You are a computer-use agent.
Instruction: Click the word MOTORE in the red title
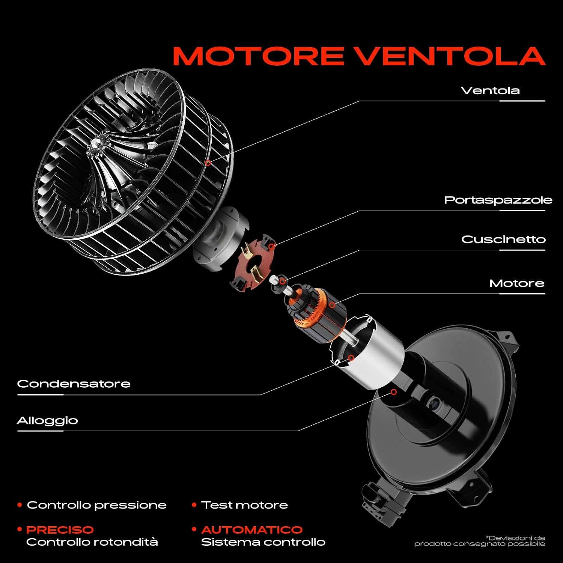258,56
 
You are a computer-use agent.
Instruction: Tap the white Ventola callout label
490,90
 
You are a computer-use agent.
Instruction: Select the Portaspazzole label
498,200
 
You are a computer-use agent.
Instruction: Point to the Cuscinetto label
503,239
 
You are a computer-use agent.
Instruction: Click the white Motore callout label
517,283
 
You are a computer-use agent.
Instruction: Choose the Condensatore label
74,384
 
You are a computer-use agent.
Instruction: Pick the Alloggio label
48,421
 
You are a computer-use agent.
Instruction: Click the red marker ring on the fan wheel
208,163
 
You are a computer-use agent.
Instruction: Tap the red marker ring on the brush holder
272,247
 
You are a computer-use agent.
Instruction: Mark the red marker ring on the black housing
394,392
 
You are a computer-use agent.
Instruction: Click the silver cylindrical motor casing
370,351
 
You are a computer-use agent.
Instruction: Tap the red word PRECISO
60,530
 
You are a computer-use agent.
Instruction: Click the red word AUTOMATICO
252,530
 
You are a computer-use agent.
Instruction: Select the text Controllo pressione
96,505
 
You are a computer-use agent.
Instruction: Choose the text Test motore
244,505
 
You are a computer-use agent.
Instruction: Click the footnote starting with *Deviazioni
480,541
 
